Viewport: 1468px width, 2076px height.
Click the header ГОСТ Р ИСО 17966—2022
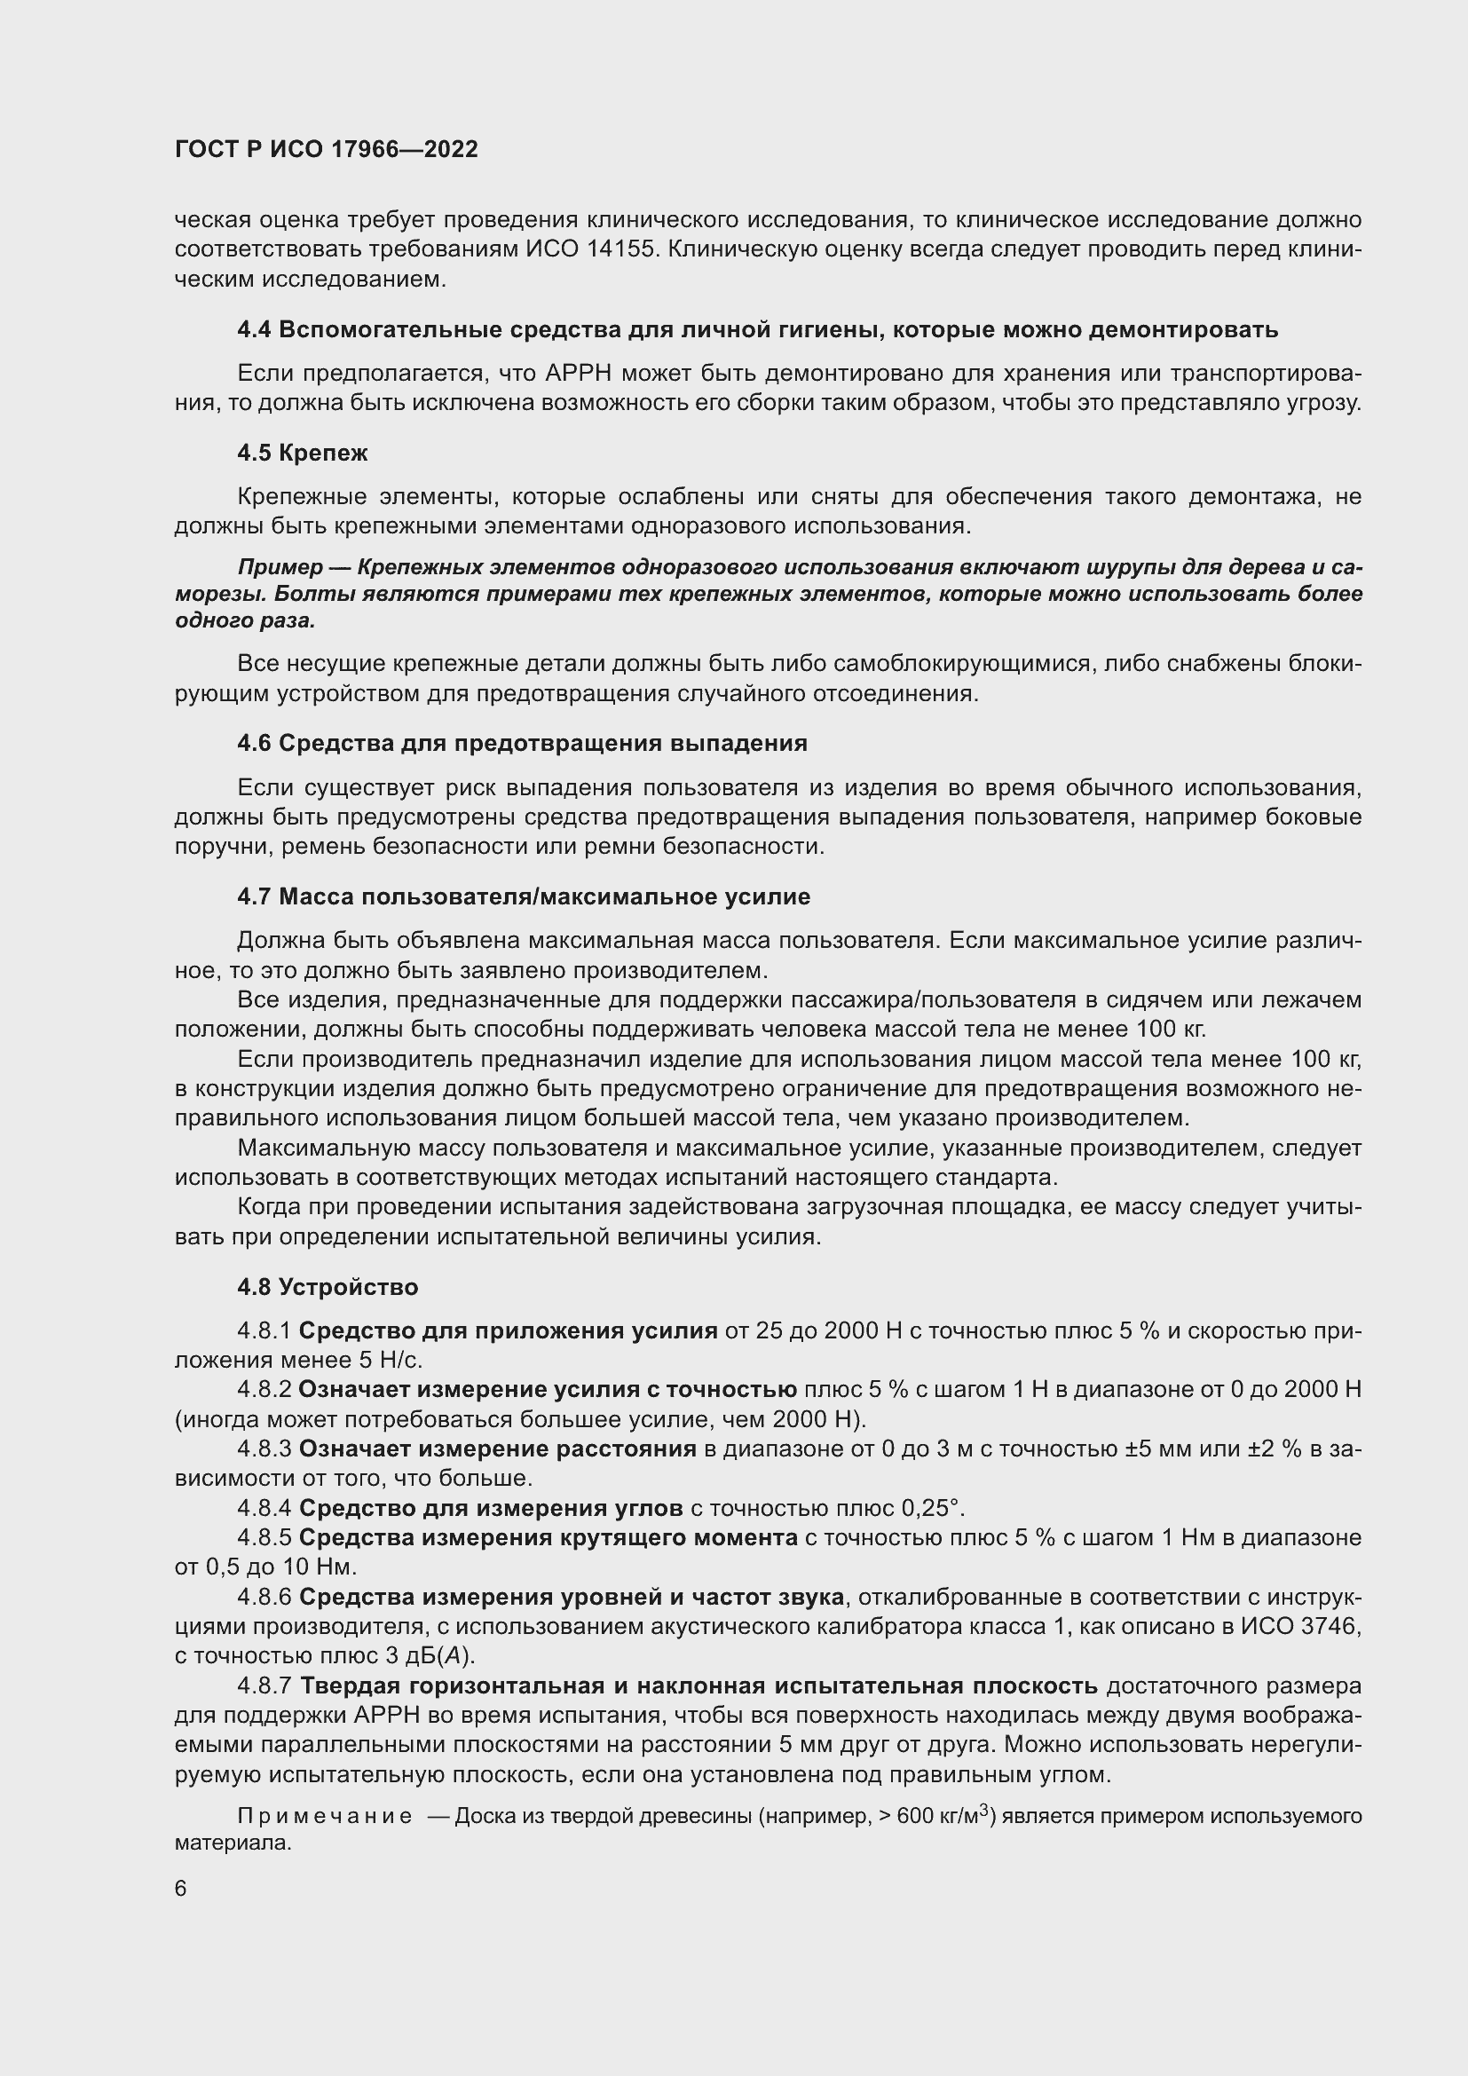point(326,150)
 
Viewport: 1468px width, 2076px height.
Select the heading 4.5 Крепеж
point(302,453)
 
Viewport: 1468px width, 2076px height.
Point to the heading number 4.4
point(253,330)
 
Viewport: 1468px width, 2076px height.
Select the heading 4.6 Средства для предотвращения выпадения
point(522,743)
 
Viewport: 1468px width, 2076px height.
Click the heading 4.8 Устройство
point(328,1287)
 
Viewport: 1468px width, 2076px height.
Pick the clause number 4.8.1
point(264,1330)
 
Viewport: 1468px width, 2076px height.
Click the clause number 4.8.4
point(264,1507)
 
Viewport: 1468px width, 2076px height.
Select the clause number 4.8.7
point(264,1685)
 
